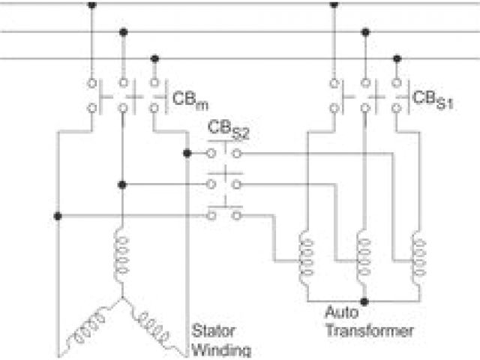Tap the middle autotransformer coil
365,256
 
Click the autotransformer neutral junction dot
365,301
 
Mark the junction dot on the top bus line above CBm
92,4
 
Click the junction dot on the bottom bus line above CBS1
397,58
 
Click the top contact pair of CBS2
223,153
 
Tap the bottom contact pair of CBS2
223,215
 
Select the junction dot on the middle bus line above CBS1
365,31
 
